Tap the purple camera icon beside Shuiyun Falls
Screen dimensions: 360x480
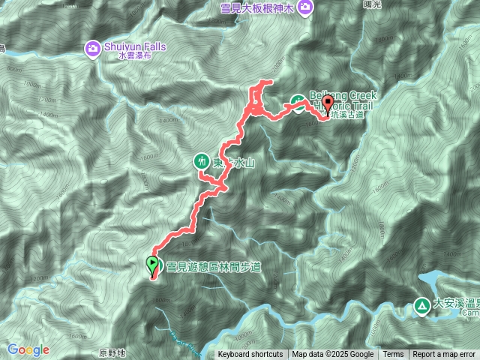(93, 49)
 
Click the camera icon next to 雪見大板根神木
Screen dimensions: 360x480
(305, 7)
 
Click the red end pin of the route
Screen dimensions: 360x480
(328, 106)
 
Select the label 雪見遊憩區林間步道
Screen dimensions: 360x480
(214, 265)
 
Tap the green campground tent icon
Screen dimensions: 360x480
(421, 305)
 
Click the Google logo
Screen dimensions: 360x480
(28, 349)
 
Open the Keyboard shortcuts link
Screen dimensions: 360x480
(250, 355)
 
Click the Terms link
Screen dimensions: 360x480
(393, 355)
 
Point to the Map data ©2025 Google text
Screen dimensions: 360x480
(333, 355)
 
